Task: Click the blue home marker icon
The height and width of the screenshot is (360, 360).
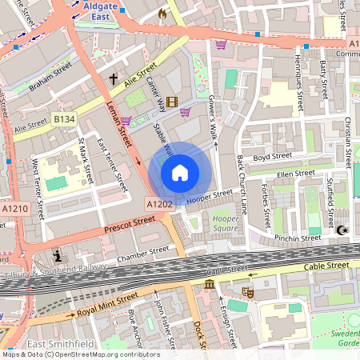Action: (180, 172)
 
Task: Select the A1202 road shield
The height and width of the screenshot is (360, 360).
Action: (159, 206)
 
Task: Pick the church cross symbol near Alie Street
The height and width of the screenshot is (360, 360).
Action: (114, 79)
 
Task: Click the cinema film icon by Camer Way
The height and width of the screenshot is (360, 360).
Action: (171, 90)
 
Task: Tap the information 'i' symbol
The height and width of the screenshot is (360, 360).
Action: (57, 256)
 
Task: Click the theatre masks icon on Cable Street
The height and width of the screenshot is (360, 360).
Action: (248, 294)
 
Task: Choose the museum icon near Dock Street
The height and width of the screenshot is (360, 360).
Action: (209, 286)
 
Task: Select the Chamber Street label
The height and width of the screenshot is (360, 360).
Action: (143, 254)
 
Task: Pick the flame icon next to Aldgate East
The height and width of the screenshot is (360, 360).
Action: (162, 14)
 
